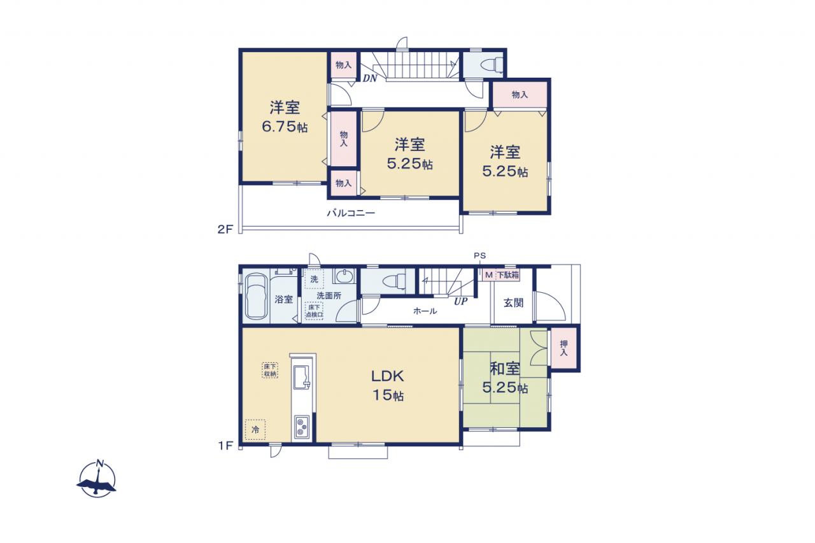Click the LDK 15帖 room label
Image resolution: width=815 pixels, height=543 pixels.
click(388, 385)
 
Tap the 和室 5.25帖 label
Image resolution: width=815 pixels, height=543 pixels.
click(505, 378)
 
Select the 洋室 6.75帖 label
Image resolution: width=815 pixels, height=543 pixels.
click(285, 116)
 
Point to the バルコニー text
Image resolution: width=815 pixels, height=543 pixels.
click(351, 213)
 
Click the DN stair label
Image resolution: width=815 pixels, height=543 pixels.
click(370, 78)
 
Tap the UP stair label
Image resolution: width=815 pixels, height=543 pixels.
click(460, 302)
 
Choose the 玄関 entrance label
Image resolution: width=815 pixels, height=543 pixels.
click(513, 302)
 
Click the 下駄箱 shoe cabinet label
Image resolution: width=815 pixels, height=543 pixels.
click(508, 275)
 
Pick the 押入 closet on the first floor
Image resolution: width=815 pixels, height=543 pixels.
click(563, 348)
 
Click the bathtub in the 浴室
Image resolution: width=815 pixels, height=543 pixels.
click(256, 297)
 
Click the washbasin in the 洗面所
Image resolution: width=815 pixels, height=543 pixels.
click(343, 276)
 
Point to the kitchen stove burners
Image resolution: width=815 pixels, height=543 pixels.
click(302, 427)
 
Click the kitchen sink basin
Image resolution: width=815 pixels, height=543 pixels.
click(302, 376)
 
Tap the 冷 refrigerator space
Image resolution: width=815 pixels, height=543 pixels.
click(255, 430)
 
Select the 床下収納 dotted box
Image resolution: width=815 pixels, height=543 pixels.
click(270, 370)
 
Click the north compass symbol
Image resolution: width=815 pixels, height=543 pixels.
click(96, 479)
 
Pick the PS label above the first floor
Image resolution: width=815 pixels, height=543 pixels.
click(479, 256)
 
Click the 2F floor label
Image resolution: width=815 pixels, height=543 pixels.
click(225, 229)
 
